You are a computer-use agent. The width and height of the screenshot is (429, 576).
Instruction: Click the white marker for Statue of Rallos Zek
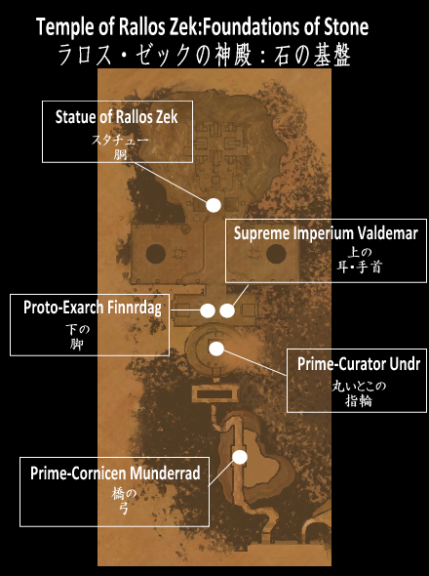[x=214, y=205]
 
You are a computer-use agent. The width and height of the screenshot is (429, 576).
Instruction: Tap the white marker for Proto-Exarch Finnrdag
[x=208, y=310]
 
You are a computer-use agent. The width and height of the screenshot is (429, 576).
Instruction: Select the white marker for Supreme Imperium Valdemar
[x=227, y=310]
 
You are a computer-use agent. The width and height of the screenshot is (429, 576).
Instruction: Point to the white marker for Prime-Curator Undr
[x=216, y=349]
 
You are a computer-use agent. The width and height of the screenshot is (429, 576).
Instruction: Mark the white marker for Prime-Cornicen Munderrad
[x=240, y=457]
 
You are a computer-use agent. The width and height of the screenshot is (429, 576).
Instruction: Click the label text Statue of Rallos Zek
[x=116, y=117]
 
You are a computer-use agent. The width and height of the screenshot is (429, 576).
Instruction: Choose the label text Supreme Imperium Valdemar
[x=326, y=233]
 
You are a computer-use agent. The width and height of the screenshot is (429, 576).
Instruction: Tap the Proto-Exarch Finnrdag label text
[x=93, y=308]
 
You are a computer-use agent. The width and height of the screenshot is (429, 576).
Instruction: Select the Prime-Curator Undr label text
[x=359, y=364]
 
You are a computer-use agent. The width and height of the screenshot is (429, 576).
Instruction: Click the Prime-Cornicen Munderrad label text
[x=115, y=473]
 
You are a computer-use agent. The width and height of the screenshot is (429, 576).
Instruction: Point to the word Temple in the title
[x=61, y=28]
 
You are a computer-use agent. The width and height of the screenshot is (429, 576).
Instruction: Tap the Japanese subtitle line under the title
[x=204, y=56]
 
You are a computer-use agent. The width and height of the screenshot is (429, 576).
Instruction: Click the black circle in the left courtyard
[x=156, y=254]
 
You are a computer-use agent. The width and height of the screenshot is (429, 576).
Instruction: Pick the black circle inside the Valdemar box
[x=276, y=254]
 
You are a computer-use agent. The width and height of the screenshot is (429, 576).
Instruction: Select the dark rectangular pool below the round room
[x=214, y=394]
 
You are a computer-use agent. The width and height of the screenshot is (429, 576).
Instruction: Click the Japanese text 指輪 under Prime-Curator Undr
[x=358, y=401]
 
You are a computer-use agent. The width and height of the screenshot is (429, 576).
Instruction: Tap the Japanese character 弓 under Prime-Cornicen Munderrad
[x=124, y=509]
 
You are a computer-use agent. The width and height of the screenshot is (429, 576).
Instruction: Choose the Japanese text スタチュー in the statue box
[x=120, y=140]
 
